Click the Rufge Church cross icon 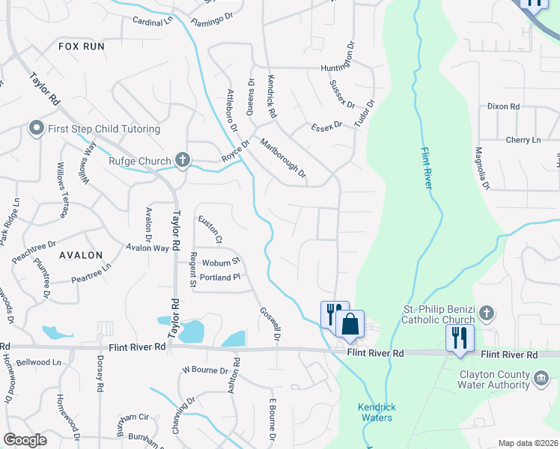(182, 159)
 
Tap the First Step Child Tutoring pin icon (36, 129)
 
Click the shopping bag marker (350, 324)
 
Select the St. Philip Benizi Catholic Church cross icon (487, 312)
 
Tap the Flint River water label (424, 168)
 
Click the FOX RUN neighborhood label (81, 46)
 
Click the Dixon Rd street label (503, 107)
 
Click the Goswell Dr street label (270, 325)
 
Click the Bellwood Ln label (40, 362)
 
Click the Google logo (25, 440)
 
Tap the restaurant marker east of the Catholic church (459, 337)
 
